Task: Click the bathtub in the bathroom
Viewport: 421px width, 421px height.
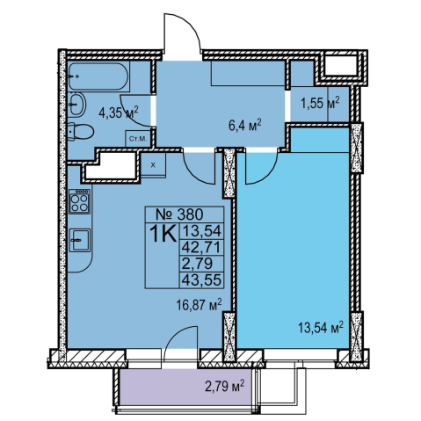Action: click(99, 76)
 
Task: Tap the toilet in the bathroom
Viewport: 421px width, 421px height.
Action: click(80, 132)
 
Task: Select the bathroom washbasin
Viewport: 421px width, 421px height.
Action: click(77, 104)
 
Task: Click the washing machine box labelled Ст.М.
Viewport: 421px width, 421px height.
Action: click(138, 139)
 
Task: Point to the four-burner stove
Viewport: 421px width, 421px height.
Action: click(79, 201)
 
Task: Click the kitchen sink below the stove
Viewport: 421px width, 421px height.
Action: click(80, 240)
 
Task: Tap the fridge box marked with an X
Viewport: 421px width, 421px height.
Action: click(153, 165)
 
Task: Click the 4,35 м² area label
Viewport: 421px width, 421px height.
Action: click(119, 113)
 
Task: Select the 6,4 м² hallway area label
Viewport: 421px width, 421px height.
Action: click(244, 126)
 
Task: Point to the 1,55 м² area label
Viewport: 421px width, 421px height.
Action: click(320, 103)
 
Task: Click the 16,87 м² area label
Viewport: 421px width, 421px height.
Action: click(199, 305)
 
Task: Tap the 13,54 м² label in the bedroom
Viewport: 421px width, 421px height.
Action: click(321, 327)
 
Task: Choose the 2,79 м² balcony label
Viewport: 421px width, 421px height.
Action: click(225, 386)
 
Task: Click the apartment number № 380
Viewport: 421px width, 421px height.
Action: click(179, 214)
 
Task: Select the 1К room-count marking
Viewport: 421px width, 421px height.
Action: click(163, 234)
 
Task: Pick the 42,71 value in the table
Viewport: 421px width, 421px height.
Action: click(201, 248)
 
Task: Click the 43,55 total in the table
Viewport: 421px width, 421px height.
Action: click(201, 279)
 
